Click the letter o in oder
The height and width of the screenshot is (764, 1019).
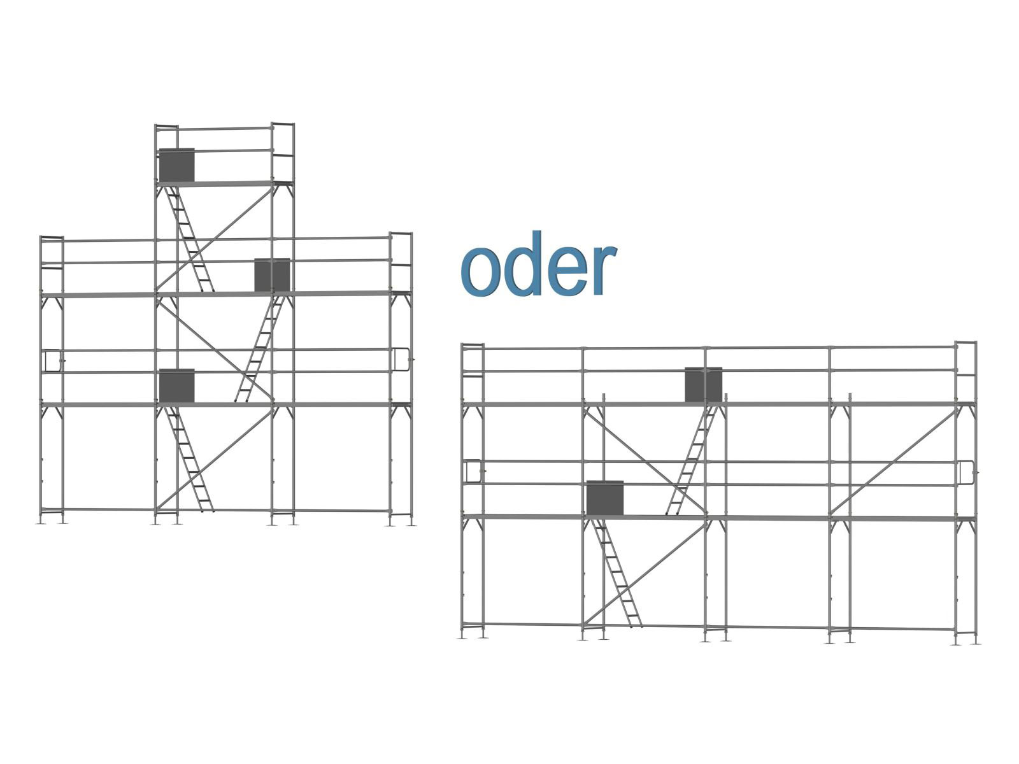(x=480, y=272)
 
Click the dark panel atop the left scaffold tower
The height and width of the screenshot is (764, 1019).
(x=176, y=165)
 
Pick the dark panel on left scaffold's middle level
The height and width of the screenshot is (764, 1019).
(x=272, y=275)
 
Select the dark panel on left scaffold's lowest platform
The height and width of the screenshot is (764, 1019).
(x=176, y=386)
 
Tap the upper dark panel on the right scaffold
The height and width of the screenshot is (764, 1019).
(x=703, y=385)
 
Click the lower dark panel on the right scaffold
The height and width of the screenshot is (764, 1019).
(x=604, y=498)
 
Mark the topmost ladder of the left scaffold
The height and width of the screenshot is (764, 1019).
(x=189, y=239)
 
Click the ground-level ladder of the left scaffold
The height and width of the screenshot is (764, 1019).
(x=189, y=458)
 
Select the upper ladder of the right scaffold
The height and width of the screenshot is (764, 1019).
(x=692, y=460)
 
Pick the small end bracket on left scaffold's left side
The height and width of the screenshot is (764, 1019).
(x=52, y=360)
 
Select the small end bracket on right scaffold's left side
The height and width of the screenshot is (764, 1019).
(x=472, y=471)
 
